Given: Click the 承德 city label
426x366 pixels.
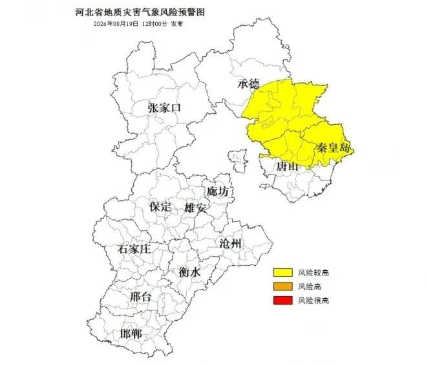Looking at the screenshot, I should (249, 83).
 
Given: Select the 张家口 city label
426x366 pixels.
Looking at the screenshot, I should (164, 108).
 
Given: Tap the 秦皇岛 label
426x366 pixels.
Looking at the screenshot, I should (333, 148).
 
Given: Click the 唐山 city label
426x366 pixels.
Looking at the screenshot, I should (288, 167).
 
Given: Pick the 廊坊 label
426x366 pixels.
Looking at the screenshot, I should (218, 192).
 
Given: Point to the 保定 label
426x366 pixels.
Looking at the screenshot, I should (160, 207).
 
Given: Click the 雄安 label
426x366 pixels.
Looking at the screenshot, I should (195, 208).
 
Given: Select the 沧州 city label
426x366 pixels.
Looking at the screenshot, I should (230, 244).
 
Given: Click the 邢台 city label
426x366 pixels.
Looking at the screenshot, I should (141, 297).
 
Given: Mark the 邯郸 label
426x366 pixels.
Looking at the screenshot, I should (131, 334).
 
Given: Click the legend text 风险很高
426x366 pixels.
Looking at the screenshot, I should (314, 300).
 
